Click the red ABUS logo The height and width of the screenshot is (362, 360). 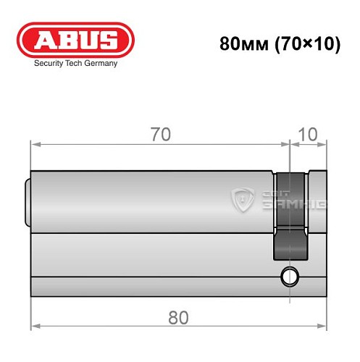[76, 41]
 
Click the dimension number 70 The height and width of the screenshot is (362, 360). [161, 135]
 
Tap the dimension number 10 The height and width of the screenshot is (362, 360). [308, 135]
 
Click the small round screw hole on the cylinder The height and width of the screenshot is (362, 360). [290, 276]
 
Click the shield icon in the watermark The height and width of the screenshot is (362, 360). [241, 200]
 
